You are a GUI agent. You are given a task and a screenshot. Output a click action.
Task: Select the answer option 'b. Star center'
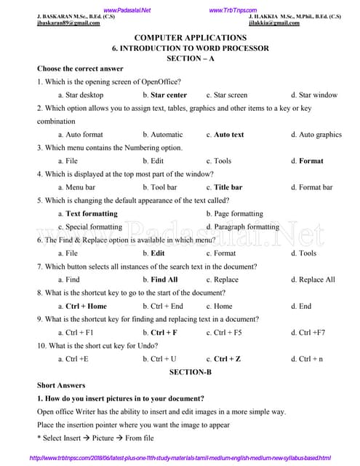164,95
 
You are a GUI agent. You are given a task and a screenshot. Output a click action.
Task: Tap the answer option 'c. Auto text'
225,135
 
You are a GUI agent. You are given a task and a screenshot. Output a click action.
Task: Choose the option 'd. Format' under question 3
307,161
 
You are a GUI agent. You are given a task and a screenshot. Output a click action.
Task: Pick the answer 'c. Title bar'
224,187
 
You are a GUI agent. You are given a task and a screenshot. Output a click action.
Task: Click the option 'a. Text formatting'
87,213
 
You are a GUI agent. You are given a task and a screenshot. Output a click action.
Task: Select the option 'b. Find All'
160,279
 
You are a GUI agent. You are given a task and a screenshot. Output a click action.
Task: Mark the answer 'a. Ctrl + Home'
82,306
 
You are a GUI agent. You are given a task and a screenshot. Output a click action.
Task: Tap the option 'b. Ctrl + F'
160,332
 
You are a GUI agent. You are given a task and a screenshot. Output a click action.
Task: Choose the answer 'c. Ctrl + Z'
223,359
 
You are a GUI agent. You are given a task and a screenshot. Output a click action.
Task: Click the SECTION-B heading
191,372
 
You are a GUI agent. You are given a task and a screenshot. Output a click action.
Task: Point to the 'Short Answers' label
61,385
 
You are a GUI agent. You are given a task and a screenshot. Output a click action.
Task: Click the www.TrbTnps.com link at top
233,9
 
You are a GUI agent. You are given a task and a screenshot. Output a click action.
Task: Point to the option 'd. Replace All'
313,279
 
